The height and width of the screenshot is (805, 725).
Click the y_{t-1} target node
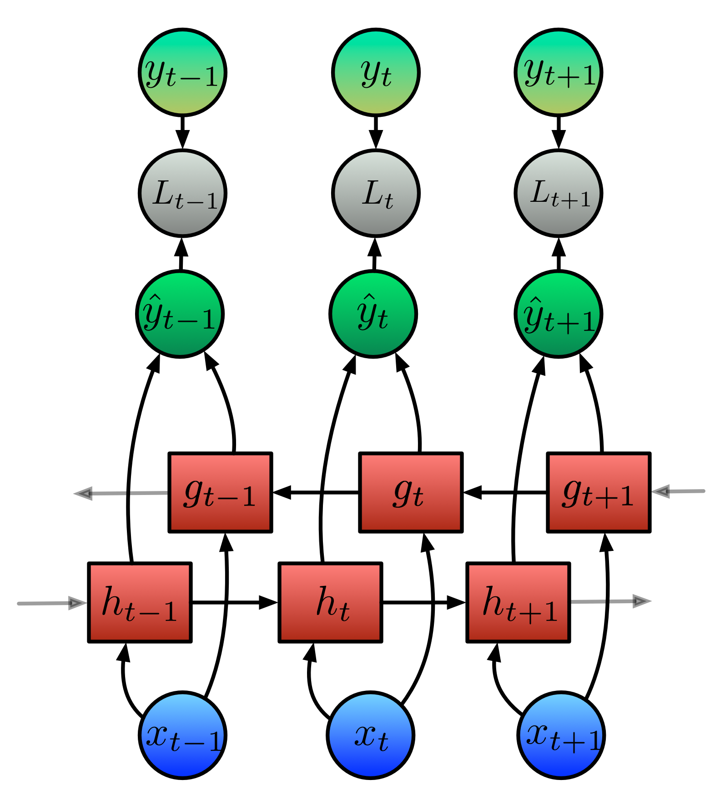tap(182, 73)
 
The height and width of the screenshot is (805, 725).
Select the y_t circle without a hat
tap(376, 73)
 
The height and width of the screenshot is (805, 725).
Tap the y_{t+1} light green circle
tap(559, 73)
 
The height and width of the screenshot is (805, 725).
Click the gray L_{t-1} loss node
tap(182, 193)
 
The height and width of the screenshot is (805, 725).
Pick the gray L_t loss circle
tap(376, 193)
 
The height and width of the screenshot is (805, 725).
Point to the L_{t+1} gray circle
tap(559, 193)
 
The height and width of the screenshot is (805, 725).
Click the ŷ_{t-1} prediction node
tap(180, 314)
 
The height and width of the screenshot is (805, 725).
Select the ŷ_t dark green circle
tap(373, 314)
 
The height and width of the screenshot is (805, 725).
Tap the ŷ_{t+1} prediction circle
tap(559, 314)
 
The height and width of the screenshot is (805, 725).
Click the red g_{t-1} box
tap(220, 492)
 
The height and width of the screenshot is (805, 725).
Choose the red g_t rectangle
tap(411, 492)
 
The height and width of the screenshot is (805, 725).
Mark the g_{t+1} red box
tap(599, 492)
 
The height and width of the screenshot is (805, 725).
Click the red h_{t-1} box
tap(140, 602)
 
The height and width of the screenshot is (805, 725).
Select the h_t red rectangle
tap(330, 602)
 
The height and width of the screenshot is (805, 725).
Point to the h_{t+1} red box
tap(518, 602)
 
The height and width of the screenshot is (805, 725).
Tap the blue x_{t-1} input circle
tap(182, 735)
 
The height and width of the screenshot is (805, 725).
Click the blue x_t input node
tap(371, 735)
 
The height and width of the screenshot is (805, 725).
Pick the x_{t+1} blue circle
tap(561, 735)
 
